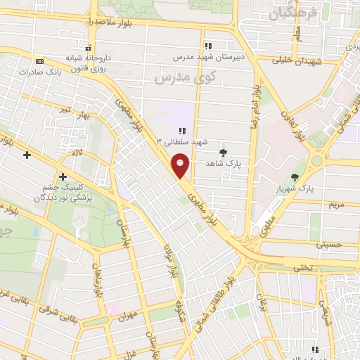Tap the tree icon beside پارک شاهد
[x=224, y=152]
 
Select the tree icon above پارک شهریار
[x=295, y=178]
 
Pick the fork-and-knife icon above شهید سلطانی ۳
[x=181, y=131]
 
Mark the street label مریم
[x=336, y=205]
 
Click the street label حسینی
[x=330, y=245]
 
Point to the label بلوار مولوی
[x=169, y=259]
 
